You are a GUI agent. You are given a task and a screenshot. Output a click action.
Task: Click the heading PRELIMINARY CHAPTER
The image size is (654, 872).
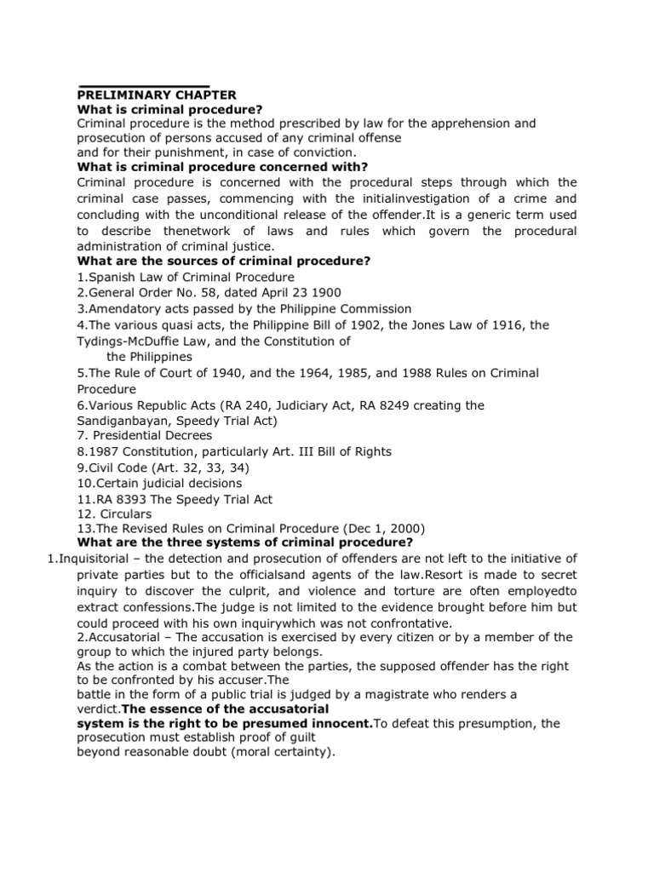[x=157, y=95]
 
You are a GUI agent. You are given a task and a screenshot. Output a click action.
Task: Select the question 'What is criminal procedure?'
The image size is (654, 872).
[x=169, y=109]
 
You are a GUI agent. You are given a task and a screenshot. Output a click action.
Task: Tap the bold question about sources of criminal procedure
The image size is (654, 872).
[x=223, y=261]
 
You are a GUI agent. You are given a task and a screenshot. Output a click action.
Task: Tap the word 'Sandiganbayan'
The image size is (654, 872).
[x=119, y=420]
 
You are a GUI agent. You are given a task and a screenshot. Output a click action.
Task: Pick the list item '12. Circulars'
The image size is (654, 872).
[x=114, y=514]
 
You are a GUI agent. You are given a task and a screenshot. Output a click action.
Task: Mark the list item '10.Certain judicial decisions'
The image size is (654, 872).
[x=160, y=483]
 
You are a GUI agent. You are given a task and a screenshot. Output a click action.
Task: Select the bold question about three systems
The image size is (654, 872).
[x=245, y=542]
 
